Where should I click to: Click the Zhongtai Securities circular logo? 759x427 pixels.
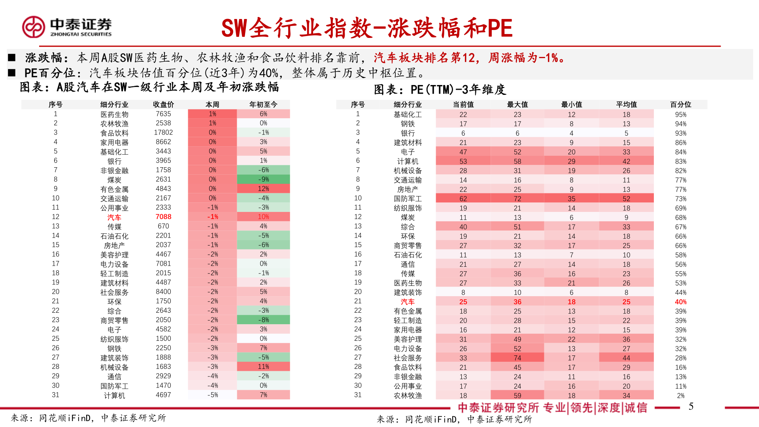click(x=34, y=27)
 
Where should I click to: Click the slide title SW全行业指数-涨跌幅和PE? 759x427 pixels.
click(x=366, y=28)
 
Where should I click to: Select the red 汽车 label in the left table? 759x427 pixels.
click(x=114, y=217)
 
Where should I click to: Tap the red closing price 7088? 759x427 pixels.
click(x=163, y=217)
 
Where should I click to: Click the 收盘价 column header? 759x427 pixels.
click(x=163, y=104)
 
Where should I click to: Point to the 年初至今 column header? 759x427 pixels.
click(x=263, y=104)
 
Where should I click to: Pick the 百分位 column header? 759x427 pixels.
click(x=680, y=104)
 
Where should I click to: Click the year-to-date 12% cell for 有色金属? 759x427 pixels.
click(x=263, y=189)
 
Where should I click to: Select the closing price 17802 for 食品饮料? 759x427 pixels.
click(x=163, y=132)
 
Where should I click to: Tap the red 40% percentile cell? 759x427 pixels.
click(x=680, y=302)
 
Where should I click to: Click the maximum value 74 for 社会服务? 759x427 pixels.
click(x=517, y=358)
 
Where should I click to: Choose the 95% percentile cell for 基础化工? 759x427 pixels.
click(x=680, y=115)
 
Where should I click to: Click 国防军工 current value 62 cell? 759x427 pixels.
click(x=463, y=198)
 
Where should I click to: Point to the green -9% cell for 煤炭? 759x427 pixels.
click(x=263, y=179)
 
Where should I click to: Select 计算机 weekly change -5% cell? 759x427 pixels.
click(x=213, y=395)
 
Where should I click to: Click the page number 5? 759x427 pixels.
click(x=691, y=406)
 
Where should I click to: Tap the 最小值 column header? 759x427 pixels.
click(x=571, y=104)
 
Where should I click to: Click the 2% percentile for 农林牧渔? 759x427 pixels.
click(x=680, y=396)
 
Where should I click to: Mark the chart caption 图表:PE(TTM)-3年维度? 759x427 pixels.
click(x=440, y=90)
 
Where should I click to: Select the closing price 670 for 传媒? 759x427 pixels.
click(x=163, y=226)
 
